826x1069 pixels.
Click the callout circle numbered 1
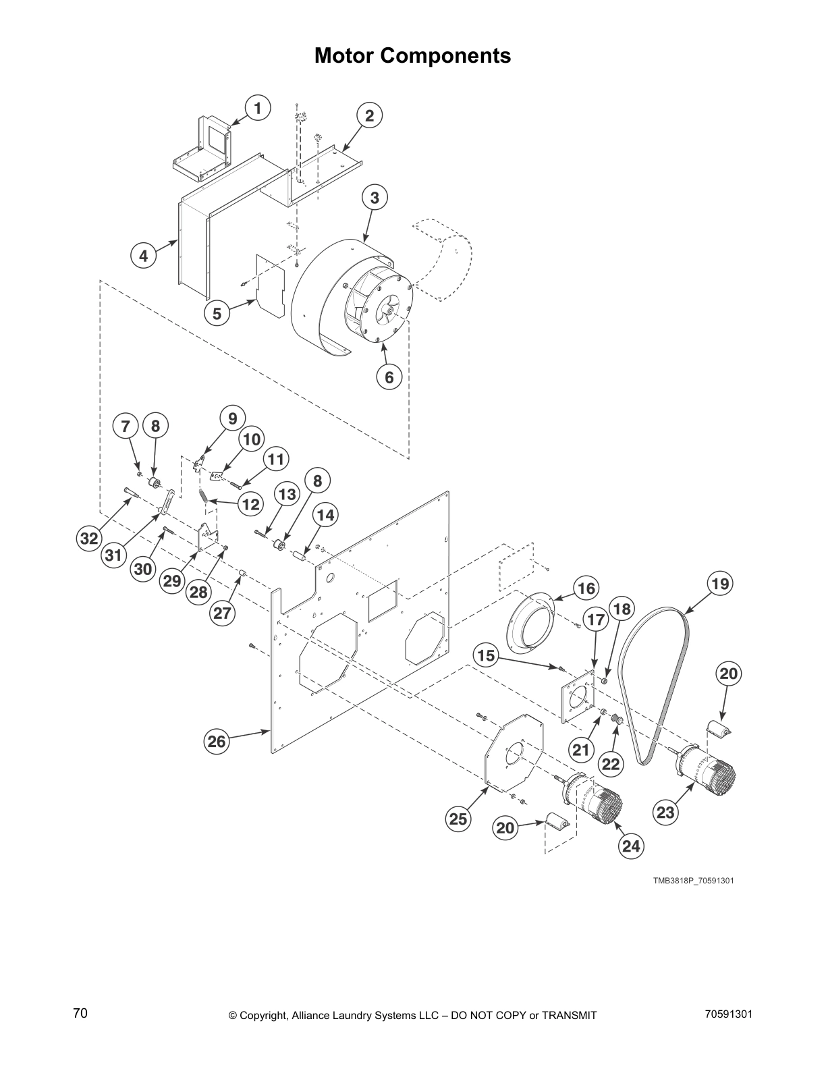tap(257, 108)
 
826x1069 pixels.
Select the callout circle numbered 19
tap(721, 583)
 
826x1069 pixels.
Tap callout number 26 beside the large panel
tap(216, 742)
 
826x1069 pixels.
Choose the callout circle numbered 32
tap(89, 538)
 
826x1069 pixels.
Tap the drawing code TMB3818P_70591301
tap(693, 881)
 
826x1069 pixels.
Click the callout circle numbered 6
tap(389, 377)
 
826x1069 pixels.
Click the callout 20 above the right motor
tap(729, 674)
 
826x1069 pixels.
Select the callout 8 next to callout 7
tap(155, 427)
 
